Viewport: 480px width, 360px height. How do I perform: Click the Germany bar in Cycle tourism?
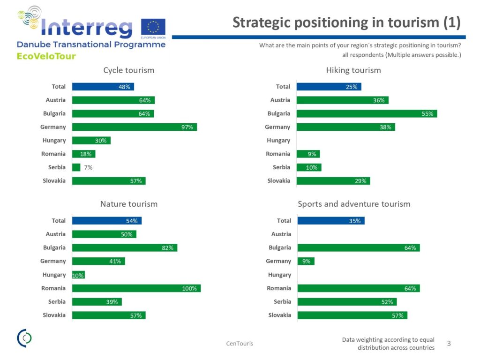pos(134,127)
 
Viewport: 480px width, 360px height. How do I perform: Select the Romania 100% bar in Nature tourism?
pos(136,288)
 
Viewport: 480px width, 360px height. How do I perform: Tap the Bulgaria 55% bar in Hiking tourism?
pos(367,113)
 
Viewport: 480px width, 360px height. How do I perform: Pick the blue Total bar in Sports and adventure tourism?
pos(330,221)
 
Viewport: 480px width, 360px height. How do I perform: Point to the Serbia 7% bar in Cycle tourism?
pos(76,167)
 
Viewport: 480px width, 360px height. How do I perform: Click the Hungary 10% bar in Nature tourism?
pos(78,275)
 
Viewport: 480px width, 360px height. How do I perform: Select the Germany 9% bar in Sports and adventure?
pos(306,261)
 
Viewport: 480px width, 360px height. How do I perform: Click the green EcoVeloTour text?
pos(46,56)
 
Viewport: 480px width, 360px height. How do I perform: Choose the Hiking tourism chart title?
pos(353,70)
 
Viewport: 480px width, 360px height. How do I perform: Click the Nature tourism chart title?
pos(129,204)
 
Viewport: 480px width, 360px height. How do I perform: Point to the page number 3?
pos(449,344)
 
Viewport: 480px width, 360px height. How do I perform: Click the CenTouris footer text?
pos(240,344)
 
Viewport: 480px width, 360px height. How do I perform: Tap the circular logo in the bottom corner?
pos(24,338)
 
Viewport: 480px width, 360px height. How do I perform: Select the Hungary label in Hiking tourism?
pos(278,141)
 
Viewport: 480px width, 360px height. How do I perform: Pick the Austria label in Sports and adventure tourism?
pos(281,234)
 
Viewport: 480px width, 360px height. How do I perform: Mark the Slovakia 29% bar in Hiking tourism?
pos(333,181)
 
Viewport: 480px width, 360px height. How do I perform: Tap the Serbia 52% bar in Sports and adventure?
pos(347,302)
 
